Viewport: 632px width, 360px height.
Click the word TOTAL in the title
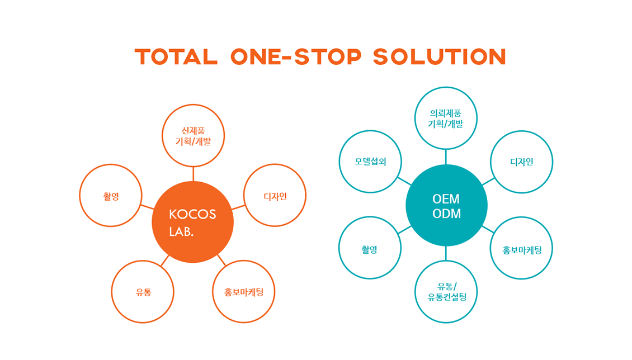coord(176,57)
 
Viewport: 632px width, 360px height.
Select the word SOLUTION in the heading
coord(440,57)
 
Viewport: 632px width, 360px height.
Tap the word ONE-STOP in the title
coord(296,57)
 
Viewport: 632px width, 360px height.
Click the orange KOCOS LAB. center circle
coord(192,222)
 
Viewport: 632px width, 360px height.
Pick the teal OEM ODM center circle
coord(446,205)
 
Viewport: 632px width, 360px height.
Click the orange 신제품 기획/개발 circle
coord(193,105)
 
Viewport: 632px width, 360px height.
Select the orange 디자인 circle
coord(275,164)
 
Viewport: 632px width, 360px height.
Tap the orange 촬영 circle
coord(111,165)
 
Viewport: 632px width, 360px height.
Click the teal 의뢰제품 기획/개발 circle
coord(446,87)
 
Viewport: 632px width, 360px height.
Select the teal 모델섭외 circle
coord(370,131)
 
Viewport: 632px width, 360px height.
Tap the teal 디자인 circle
coord(522,131)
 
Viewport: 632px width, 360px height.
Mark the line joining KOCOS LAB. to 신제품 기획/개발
coord(193,174)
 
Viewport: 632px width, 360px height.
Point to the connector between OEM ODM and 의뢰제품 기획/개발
coord(446,157)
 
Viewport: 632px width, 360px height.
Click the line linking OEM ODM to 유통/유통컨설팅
coord(446,253)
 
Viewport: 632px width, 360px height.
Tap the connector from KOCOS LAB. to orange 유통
coord(165,261)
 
